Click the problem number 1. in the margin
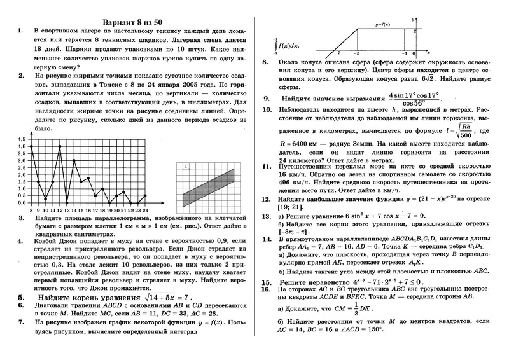(21, 30)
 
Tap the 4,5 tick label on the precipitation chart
(21, 139)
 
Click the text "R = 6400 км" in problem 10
(303, 144)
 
